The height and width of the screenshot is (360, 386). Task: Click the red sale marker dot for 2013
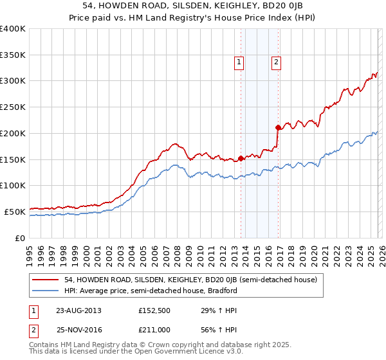pyautogui.click(x=241, y=157)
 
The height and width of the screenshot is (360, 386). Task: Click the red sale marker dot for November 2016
pyautogui.click(x=278, y=127)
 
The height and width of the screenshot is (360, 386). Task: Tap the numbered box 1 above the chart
pyautogui.click(x=239, y=62)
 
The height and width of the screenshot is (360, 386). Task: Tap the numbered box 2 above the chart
pyautogui.click(x=276, y=62)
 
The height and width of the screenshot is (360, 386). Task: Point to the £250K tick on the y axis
pyautogui.click(x=13, y=107)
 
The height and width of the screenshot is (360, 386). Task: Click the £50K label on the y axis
pyautogui.click(x=15, y=212)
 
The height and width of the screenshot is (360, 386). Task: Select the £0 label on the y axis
pyautogui.click(x=21, y=238)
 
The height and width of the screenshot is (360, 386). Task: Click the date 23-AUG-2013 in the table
pyautogui.click(x=78, y=310)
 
